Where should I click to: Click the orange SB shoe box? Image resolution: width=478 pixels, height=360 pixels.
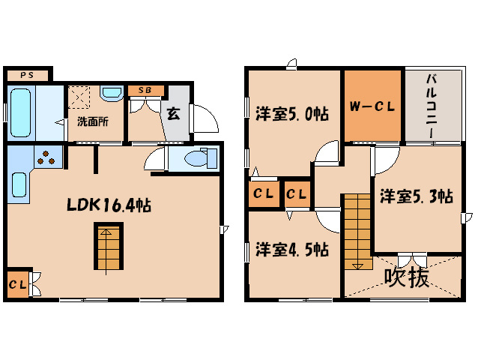coord(145,91)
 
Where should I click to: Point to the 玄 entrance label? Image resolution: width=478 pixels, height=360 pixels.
coord(174,114)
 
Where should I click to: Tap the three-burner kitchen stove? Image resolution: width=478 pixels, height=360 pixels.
coord(46,158)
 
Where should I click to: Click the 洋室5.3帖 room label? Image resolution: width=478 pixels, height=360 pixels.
coord(415,196)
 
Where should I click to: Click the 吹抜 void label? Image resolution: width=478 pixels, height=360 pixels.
coord(407,277)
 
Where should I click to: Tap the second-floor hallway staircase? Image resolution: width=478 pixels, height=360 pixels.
coord(358,231)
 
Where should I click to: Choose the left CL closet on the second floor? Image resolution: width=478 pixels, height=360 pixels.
coord(262,194)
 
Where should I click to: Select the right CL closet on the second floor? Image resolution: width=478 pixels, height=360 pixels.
coord(297,194)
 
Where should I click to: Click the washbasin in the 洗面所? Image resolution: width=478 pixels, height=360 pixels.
coord(112,94)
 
